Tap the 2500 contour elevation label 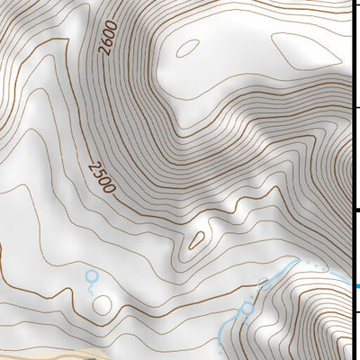pyautogui.click(x=103, y=176)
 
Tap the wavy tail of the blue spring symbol pyautogui.click(x=90, y=289)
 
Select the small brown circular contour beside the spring pyautogui.click(x=102, y=307)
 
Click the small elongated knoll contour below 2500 pyautogui.click(x=195, y=239)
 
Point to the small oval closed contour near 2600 pyautogui.click(x=187, y=47)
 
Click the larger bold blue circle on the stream pyautogui.click(x=247, y=310)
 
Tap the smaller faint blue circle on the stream pyautogui.click(x=265, y=284)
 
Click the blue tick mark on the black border pyautogui.click(x=357, y=286)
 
